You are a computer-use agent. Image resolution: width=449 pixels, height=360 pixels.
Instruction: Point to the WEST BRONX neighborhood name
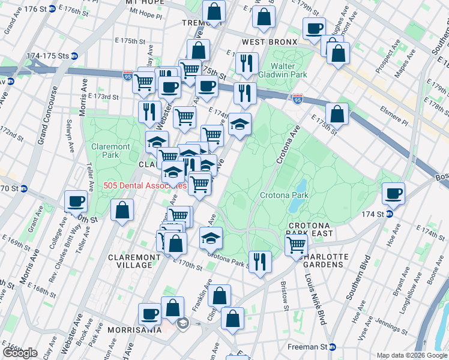(x=270, y=42)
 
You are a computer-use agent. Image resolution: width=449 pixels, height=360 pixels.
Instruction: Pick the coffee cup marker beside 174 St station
(x=393, y=193)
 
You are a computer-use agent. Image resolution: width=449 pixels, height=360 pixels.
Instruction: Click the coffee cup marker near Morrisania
(x=149, y=313)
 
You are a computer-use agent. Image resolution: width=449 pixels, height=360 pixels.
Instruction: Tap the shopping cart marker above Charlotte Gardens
(x=296, y=245)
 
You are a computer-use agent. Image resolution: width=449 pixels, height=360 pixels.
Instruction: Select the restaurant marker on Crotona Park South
(x=261, y=262)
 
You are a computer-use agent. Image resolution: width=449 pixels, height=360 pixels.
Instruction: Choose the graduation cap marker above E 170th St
(x=211, y=238)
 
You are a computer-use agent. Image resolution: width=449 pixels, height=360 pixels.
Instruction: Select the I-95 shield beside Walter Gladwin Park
(x=298, y=97)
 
